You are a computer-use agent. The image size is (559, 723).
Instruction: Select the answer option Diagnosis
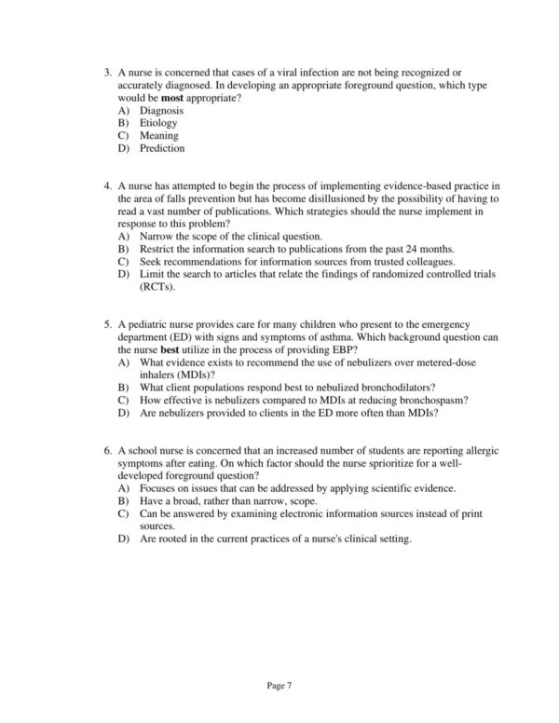point(161,110)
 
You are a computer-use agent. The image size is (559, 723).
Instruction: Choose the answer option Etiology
point(158,123)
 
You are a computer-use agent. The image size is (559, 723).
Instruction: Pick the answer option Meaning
point(159,136)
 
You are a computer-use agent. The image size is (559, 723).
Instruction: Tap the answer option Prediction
point(162,148)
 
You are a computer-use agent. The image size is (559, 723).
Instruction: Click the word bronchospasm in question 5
point(431,400)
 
